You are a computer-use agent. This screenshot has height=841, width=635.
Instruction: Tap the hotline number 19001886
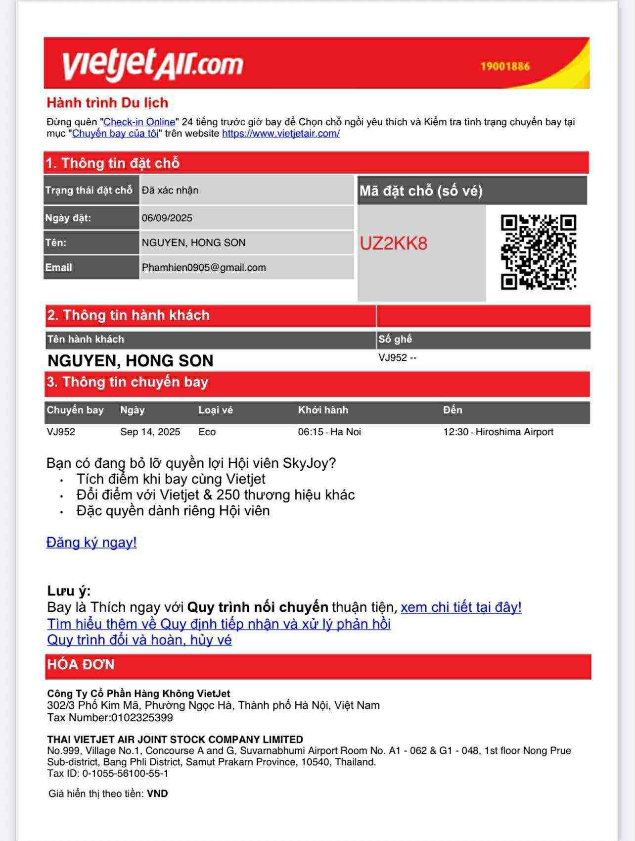point(505,66)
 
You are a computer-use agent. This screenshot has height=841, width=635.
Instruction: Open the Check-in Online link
point(139,122)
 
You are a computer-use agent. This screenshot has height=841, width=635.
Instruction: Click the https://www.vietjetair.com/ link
point(280,133)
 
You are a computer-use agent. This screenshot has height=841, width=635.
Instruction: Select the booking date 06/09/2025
point(167,218)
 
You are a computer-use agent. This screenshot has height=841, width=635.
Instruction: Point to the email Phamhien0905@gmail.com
point(204,267)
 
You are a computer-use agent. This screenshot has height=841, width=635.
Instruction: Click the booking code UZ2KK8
point(393,244)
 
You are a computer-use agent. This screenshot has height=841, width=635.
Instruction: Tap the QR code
point(538,252)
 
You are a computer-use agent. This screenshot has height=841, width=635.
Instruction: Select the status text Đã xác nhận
point(170,190)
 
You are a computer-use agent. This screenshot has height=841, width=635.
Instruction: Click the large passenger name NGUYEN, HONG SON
point(130,360)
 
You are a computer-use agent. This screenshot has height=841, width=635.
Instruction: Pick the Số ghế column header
point(395,339)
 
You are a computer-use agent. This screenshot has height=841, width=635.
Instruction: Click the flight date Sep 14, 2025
point(150,432)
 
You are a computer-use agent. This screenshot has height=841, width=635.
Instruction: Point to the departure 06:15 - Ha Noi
point(329,432)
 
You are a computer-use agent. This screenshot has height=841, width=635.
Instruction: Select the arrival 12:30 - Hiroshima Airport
point(498,432)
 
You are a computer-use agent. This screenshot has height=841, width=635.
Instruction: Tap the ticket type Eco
point(207,432)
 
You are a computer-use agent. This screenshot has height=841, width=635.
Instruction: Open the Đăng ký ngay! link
point(91,542)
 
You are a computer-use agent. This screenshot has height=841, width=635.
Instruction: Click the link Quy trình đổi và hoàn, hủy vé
point(139,640)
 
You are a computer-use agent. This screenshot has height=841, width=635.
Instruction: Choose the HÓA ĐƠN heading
point(81,664)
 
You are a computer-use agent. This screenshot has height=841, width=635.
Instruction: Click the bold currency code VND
point(157,793)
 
